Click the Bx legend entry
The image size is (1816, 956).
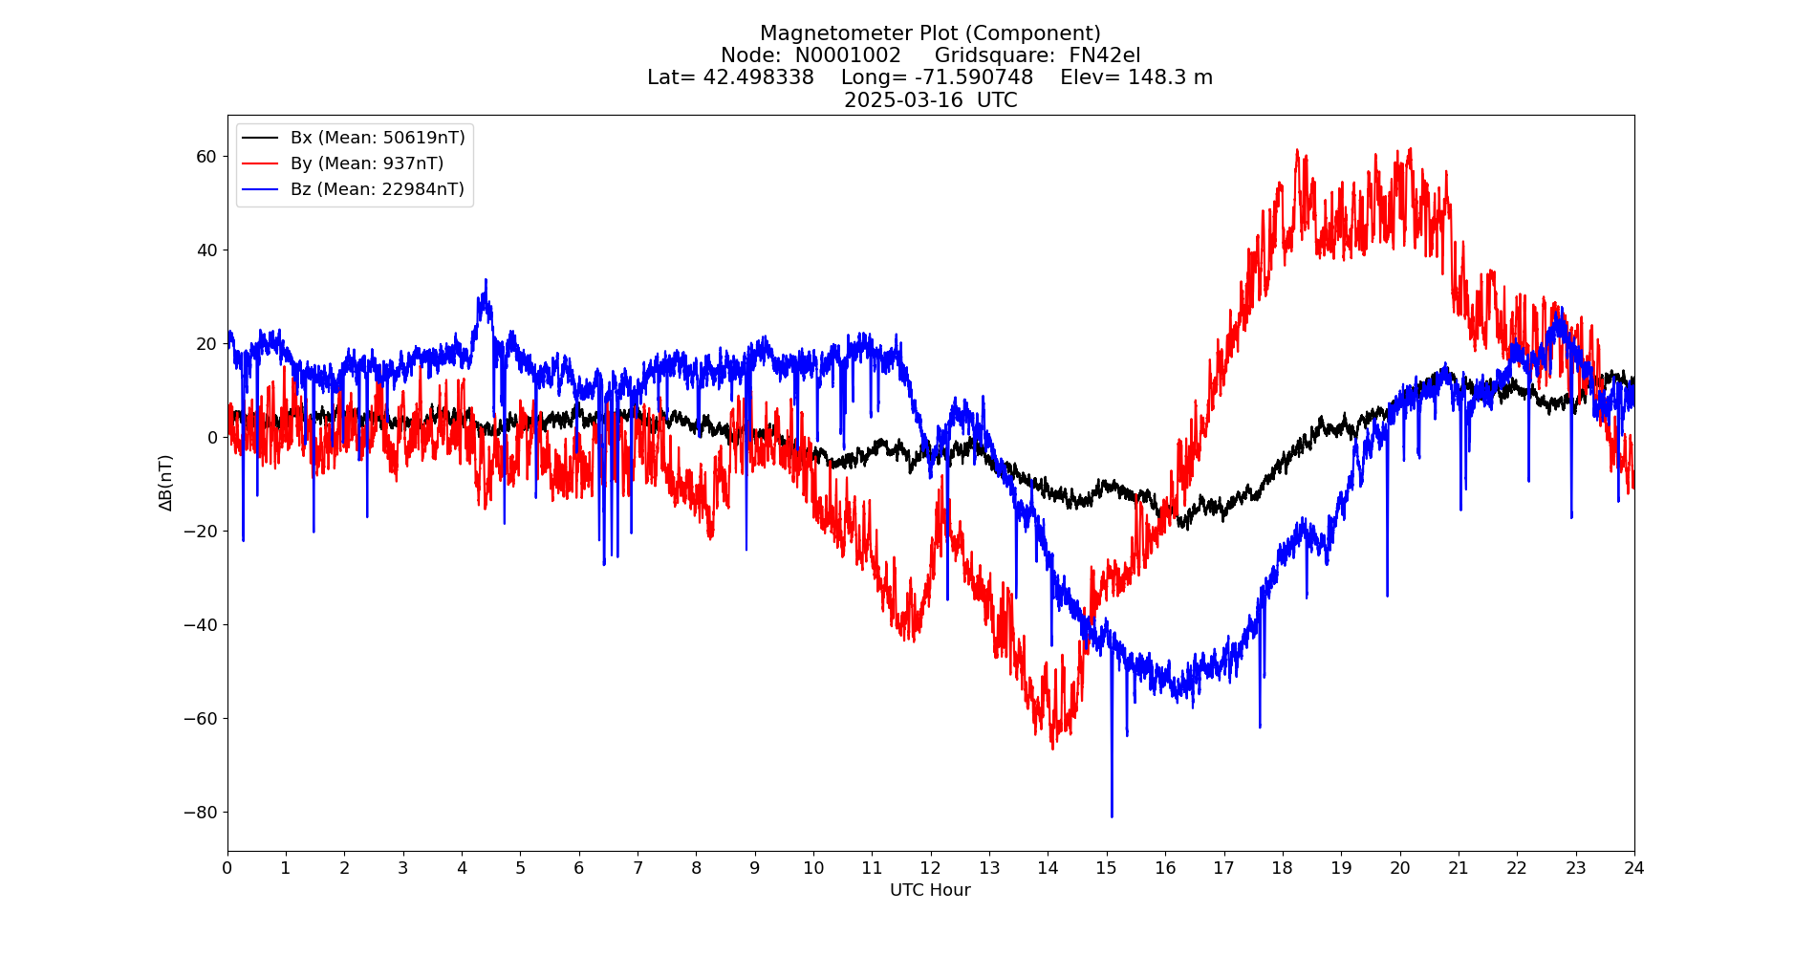tap(378, 138)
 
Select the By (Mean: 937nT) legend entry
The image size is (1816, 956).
tap(367, 163)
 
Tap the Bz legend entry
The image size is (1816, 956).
tap(378, 189)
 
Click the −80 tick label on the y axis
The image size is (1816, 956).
tap(201, 813)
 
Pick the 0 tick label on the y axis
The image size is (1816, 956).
tap(212, 438)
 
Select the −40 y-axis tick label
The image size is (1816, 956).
tap(201, 625)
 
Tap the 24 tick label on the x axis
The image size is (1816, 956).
tap(1634, 868)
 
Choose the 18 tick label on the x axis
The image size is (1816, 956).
tap(1282, 868)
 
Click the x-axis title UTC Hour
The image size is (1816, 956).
tap(930, 890)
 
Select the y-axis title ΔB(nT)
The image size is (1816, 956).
tap(166, 483)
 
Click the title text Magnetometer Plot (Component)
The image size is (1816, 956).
tap(930, 33)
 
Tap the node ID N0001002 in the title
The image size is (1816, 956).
tap(848, 55)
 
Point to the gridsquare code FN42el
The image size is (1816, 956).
tap(1104, 55)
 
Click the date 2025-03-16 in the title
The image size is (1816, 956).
tap(903, 100)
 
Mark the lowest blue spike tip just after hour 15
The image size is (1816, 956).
tap(1112, 816)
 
